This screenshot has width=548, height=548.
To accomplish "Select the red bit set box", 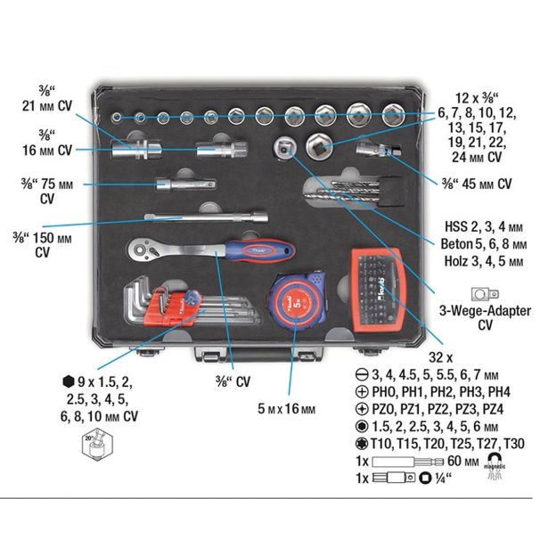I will coord(380,284).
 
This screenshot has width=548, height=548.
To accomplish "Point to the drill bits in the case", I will coord(343,190).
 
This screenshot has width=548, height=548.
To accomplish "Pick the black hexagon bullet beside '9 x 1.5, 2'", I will coord(70,380).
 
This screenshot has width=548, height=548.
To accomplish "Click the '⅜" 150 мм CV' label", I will coord(53,243).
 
